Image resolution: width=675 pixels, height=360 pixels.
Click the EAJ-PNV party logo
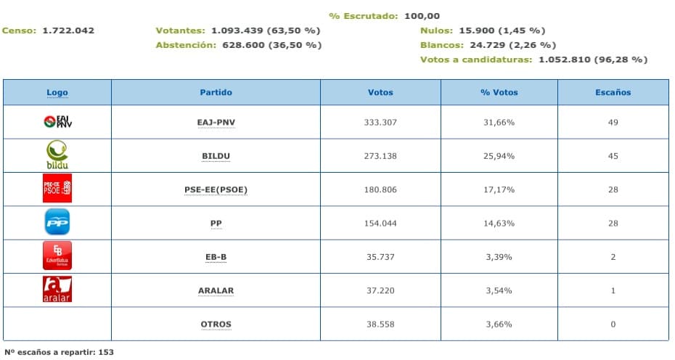click(x=57, y=122)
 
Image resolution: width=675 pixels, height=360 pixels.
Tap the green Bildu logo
click(x=57, y=155)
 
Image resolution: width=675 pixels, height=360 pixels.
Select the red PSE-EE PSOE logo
click(x=57, y=189)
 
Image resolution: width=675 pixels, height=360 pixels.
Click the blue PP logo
click(x=57, y=222)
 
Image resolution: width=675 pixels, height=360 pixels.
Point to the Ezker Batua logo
click(x=57, y=255)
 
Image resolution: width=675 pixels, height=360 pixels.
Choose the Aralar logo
click(x=57, y=289)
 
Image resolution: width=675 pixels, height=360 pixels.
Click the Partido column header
click(x=216, y=92)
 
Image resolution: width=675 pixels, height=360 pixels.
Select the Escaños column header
click(x=613, y=92)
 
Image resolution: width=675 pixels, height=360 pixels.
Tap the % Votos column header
click(x=499, y=92)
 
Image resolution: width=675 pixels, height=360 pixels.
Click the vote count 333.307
click(x=380, y=122)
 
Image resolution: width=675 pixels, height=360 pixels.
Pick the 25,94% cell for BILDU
click(x=499, y=156)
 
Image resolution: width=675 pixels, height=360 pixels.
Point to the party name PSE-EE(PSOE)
click(x=216, y=189)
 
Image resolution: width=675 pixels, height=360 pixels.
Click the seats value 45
click(x=613, y=156)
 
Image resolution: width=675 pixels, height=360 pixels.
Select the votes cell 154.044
click(x=380, y=223)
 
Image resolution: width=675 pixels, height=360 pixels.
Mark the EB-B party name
click(x=216, y=257)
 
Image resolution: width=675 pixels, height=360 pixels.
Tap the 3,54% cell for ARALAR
click(x=499, y=290)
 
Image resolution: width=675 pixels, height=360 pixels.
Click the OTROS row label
click(x=216, y=324)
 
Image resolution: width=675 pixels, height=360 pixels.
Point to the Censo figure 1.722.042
click(x=68, y=30)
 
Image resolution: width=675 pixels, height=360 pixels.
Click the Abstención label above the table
click(x=186, y=45)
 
